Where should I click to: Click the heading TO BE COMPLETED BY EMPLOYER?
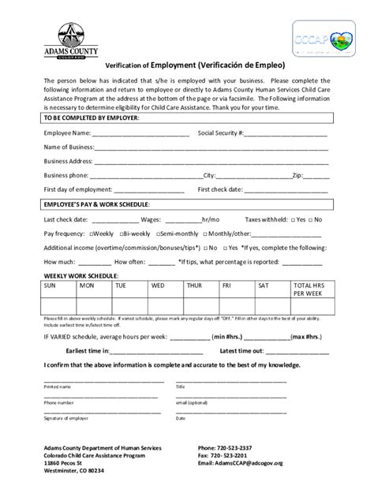coord(92,118)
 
